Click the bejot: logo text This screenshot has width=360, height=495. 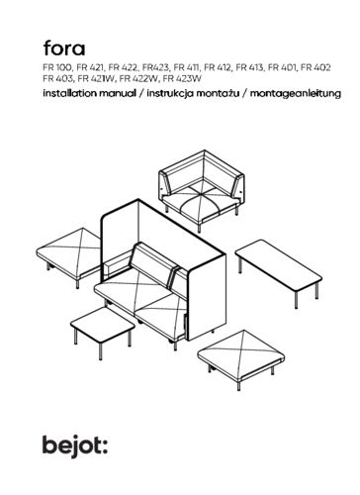click(x=73, y=445)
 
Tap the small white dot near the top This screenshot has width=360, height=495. click(x=82, y=40)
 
